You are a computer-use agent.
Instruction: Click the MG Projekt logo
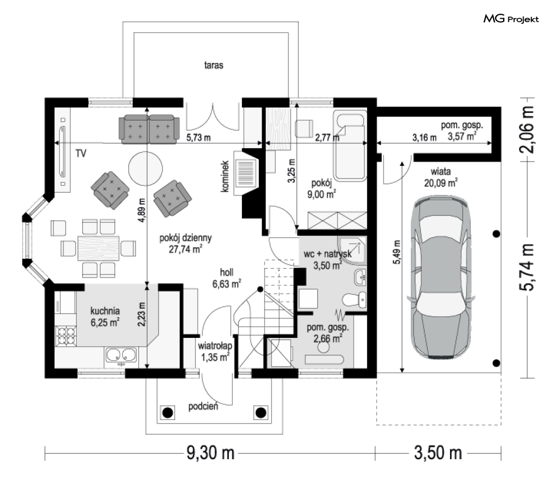click(x=511, y=19)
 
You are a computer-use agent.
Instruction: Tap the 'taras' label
click(x=213, y=65)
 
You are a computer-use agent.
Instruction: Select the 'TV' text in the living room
click(x=81, y=153)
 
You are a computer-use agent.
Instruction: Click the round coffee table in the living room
click(x=146, y=168)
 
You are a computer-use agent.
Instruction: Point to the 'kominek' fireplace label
click(x=225, y=176)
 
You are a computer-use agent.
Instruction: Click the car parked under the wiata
click(x=441, y=278)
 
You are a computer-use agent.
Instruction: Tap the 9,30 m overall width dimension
click(x=211, y=453)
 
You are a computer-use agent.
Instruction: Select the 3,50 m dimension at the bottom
click(x=438, y=453)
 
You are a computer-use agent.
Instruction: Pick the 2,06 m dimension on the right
click(x=526, y=129)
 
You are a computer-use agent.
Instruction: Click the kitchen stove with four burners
click(x=66, y=336)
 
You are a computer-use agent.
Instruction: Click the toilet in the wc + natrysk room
click(x=355, y=300)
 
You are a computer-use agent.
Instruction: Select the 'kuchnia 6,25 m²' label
click(x=105, y=317)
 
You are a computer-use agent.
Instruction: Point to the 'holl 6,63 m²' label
click(x=227, y=278)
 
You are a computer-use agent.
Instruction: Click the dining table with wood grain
click(x=98, y=248)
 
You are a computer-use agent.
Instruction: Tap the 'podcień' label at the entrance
click(x=203, y=406)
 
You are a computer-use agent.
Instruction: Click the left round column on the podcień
click(x=167, y=413)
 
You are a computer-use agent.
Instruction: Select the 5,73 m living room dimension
click(x=199, y=137)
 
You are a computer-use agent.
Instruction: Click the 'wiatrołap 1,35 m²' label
click(x=215, y=352)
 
